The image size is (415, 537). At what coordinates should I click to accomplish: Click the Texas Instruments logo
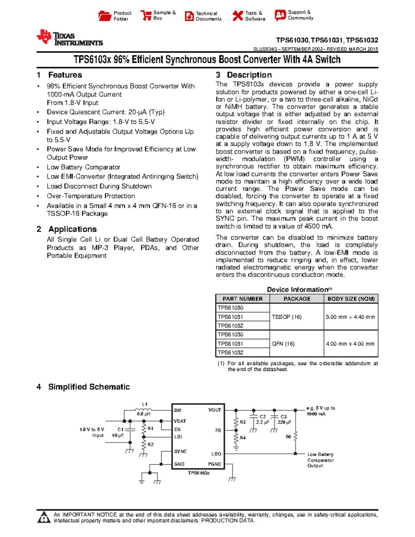pos(70,38)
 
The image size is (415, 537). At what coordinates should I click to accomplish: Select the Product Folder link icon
pos(105,16)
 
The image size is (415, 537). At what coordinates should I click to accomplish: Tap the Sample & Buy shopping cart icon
pos(146,15)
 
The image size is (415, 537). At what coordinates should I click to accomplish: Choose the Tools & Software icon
pos(238,16)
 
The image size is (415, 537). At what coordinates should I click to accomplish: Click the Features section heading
pos(65,75)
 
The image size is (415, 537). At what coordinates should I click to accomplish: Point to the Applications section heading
pos(72,229)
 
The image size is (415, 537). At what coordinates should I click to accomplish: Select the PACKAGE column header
pos(297,299)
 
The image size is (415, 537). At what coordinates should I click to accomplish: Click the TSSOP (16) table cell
pos(287,317)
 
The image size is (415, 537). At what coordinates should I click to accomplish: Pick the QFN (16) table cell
pos(283,344)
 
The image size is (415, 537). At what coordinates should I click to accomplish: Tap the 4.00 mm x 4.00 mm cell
pos(350,344)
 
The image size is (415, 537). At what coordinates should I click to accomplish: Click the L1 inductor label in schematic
pos(145,404)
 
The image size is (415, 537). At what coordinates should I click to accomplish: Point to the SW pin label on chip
pos(177,410)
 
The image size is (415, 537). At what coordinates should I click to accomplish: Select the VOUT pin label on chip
pos(214,410)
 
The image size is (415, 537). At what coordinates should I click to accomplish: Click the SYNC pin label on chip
pos(180,452)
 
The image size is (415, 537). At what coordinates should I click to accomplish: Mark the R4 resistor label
pos(243,438)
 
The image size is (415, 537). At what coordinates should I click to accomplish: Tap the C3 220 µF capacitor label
pos(284,419)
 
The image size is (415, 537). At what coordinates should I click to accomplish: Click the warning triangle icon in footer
pos(44,518)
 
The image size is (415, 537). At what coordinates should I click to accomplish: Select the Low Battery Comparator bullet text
pos(83,167)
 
